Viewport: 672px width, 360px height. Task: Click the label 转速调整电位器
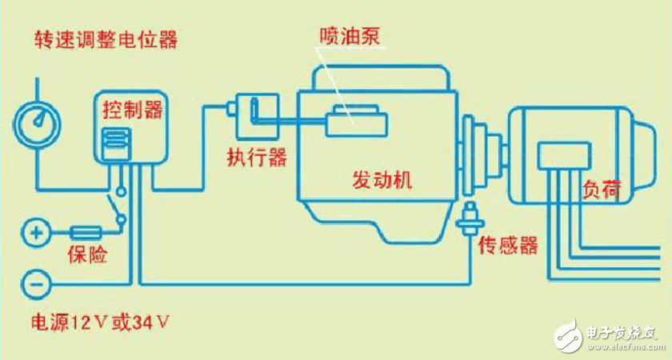tap(105, 38)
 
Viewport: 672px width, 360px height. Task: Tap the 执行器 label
tap(257, 157)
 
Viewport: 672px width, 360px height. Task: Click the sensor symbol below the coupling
tap(469, 217)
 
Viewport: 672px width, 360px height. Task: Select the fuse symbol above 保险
tap(86, 234)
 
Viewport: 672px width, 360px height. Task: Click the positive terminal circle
tap(35, 234)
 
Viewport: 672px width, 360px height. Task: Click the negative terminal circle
tap(35, 282)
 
